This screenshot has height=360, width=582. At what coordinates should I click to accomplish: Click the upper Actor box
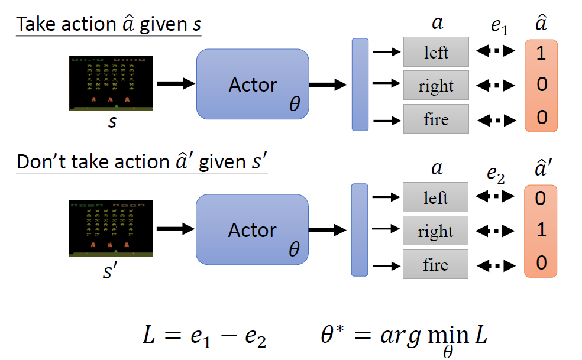pyautogui.click(x=253, y=85)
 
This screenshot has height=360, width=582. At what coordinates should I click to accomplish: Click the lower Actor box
pyautogui.click(x=253, y=230)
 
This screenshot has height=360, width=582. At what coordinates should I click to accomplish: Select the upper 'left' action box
pyautogui.click(x=436, y=52)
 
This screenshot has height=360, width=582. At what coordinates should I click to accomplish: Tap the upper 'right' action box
pyautogui.click(x=436, y=86)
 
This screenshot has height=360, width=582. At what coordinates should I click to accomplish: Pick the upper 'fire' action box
pyautogui.click(x=436, y=119)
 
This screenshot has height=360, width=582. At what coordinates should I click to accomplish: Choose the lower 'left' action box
pyautogui.click(x=436, y=197)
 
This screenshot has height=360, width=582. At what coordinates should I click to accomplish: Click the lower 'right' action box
pyautogui.click(x=436, y=231)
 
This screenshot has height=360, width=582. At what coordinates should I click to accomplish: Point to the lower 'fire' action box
pyautogui.click(x=436, y=264)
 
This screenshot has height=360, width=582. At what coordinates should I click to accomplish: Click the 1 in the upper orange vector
pyautogui.click(x=541, y=53)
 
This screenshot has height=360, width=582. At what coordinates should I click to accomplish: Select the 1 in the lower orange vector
pyautogui.click(x=541, y=230)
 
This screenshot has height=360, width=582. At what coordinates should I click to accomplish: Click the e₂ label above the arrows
pyautogui.click(x=496, y=173)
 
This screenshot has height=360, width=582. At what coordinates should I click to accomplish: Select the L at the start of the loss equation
pyautogui.click(x=150, y=335)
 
